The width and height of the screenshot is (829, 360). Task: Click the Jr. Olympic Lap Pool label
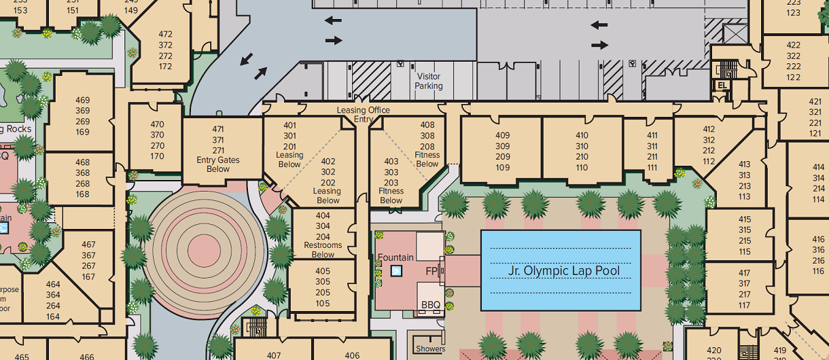564,271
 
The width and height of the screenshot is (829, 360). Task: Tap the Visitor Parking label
429,82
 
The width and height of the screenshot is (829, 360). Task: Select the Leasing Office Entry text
364,114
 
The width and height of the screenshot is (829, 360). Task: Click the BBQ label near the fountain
431,305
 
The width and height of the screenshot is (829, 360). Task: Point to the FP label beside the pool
431,271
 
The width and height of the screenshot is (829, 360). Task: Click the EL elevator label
722,86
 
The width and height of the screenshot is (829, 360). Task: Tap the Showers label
431,349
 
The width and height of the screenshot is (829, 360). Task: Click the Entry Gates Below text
218,164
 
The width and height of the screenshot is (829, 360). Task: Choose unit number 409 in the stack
502,135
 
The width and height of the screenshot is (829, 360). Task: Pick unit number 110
582,168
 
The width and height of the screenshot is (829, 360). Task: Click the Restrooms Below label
323,250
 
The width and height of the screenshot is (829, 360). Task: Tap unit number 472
165,34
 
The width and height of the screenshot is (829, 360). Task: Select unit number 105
323,303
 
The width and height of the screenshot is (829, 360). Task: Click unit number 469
83,101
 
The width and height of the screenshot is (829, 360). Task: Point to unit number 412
709,129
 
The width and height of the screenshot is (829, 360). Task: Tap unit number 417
745,273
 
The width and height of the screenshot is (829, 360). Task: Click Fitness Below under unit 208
427,159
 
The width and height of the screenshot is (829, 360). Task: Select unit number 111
652,168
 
